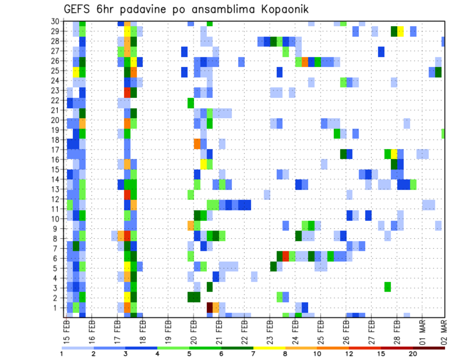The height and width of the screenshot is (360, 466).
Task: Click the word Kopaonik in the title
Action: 279,9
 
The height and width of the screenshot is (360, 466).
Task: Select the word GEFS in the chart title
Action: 80,9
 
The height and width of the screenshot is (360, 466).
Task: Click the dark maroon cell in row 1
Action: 210,308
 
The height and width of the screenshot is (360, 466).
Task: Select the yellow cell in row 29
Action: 400,32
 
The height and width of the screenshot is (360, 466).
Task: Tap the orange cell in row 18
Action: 197,144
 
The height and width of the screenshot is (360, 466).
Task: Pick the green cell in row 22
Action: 191,103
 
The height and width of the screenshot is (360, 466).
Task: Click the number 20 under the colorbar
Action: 413,354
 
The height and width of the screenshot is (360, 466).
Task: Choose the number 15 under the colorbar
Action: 382,354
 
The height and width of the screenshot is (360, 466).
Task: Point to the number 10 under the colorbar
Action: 317,354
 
